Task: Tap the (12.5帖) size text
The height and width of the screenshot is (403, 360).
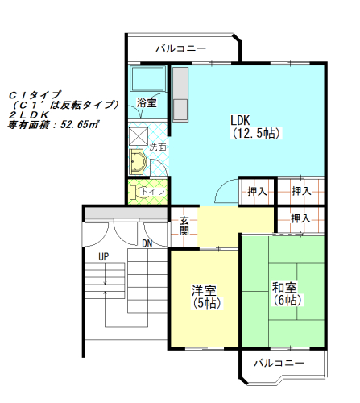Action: click(255, 133)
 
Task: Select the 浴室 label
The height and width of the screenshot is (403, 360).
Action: click(147, 103)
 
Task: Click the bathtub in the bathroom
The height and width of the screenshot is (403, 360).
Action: click(147, 80)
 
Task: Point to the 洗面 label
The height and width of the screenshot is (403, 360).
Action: click(158, 147)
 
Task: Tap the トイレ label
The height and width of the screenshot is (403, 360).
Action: click(153, 192)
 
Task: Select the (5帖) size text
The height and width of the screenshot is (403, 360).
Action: click(206, 303)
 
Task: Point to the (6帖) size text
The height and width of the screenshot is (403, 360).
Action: click(286, 300)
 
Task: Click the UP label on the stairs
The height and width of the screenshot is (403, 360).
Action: click(103, 256)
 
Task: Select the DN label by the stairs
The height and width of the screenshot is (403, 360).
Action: click(147, 243)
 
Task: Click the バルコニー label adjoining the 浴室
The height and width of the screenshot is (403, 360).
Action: click(181, 48)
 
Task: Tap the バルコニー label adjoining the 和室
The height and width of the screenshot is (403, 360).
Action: click(279, 364)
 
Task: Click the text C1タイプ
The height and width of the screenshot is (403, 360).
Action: click(35, 94)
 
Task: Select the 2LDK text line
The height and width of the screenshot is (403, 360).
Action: click(30, 115)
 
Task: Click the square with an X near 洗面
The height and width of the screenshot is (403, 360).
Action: click(138, 135)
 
